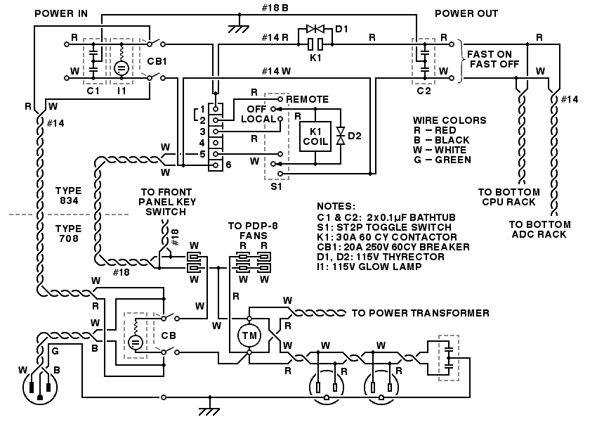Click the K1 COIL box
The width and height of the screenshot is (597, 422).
[x=315, y=136]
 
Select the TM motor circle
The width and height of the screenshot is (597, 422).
[x=249, y=335]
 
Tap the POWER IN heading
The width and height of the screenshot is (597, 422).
[x=61, y=14]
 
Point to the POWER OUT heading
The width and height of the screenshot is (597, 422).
[x=466, y=14]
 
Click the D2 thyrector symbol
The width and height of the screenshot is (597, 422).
[x=341, y=136]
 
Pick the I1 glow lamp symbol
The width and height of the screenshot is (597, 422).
[x=122, y=68]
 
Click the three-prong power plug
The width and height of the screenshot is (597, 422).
[x=39, y=388]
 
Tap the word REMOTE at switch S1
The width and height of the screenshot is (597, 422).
[x=307, y=99]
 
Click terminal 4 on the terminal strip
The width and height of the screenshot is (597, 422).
[x=216, y=143]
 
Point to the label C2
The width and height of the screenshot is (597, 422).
[x=424, y=91]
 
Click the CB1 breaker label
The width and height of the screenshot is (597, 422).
[x=157, y=61]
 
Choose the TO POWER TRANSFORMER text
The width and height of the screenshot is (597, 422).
[x=420, y=314]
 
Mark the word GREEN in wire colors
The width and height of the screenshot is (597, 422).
[x=453, y=160]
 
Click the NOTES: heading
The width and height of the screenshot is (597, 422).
[x=336, y=207]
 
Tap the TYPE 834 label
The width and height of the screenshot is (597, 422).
[x=69, y=196]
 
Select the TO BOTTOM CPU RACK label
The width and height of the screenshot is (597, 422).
[x=509, y=197]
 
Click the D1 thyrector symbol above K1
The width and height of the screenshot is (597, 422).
[x=315, y=29]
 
